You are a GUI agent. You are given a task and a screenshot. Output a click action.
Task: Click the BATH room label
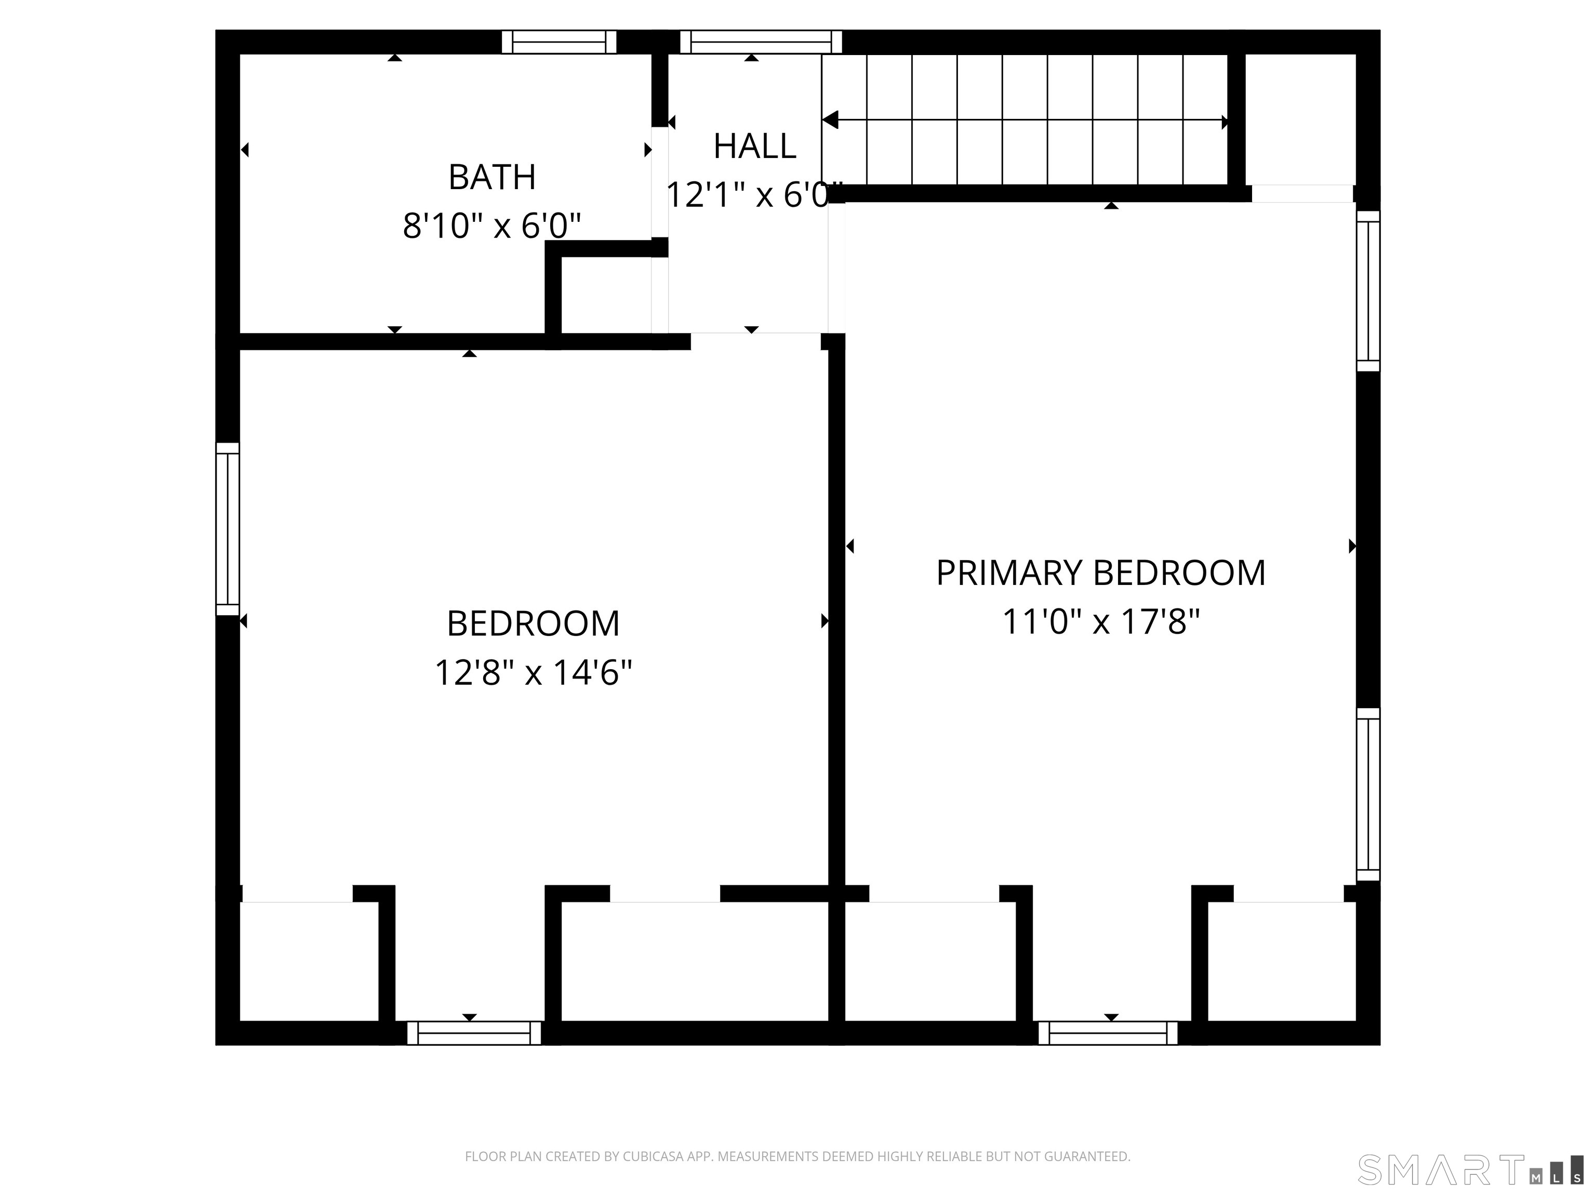[x=492, y=178]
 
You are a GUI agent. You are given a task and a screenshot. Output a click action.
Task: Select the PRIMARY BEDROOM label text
[x=1100, y=574]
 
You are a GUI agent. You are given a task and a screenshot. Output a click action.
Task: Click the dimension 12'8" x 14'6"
[x=533, y=673]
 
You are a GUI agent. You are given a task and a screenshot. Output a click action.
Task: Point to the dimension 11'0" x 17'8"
[x=1100, y=622]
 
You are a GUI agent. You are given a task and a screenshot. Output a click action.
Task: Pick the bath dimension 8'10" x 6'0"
[x=492, y=227]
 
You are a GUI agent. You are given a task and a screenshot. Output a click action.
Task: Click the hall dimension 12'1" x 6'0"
[x=753, y=195]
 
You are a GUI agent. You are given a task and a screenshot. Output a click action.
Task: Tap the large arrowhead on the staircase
[x=830, y=120]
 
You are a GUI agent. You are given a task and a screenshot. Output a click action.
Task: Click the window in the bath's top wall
[x=559, y=42]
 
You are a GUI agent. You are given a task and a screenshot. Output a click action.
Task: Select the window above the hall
[x=761, y=42]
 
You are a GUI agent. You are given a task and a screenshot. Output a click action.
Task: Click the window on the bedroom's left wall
[x=227, y=529]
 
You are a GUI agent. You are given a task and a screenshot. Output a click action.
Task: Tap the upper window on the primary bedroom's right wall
[x=1368, y=291]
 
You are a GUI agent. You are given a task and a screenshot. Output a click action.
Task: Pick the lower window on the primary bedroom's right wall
[x=1368, y=794]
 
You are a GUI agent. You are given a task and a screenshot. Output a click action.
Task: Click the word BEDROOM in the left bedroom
[x=533, y=624]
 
